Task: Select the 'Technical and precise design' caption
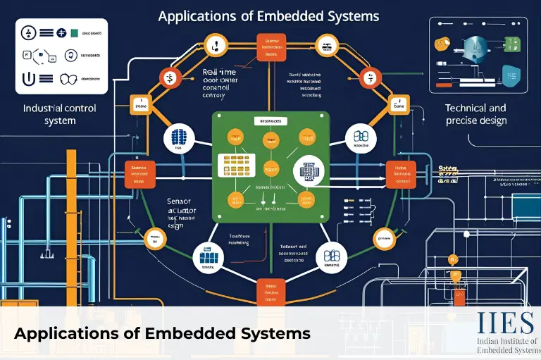475,114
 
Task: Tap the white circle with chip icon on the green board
308,170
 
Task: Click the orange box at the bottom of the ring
270,290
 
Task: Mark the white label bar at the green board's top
270,121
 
